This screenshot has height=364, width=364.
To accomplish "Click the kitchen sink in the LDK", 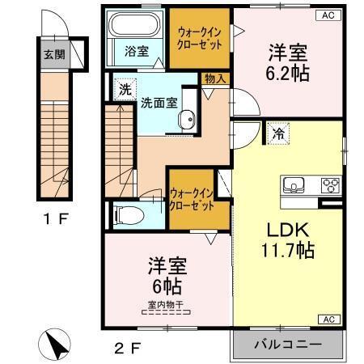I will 293,184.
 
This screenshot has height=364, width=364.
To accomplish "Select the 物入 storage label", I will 216,78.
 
